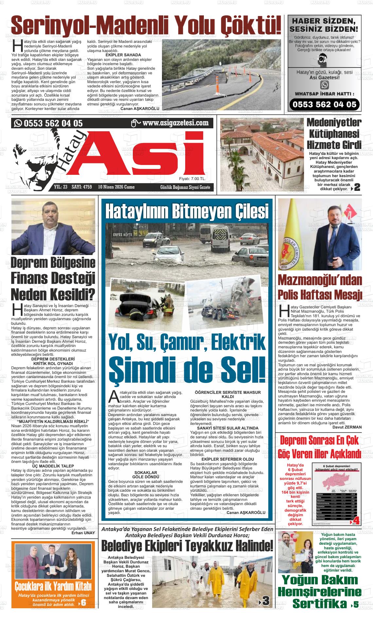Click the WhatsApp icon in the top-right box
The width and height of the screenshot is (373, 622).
(x=324, y=85)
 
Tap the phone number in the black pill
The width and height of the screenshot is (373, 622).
(x=324, y=104)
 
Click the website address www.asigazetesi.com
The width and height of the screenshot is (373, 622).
(x=175, y=123)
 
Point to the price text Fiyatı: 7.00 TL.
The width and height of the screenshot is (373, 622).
(x=192, y=179)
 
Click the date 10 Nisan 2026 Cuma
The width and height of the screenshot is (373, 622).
(x=116, y=187)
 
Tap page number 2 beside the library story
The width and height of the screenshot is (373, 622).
(x=357, y=187)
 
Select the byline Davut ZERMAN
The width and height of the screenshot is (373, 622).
(x=347, y=427)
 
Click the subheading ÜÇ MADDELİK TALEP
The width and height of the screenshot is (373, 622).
(x=53, y=466)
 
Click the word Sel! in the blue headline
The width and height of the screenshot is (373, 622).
(x=241, y=369)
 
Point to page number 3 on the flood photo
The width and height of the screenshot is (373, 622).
(x=265, y=601)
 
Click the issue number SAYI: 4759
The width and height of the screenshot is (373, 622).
(x=82, y=187)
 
